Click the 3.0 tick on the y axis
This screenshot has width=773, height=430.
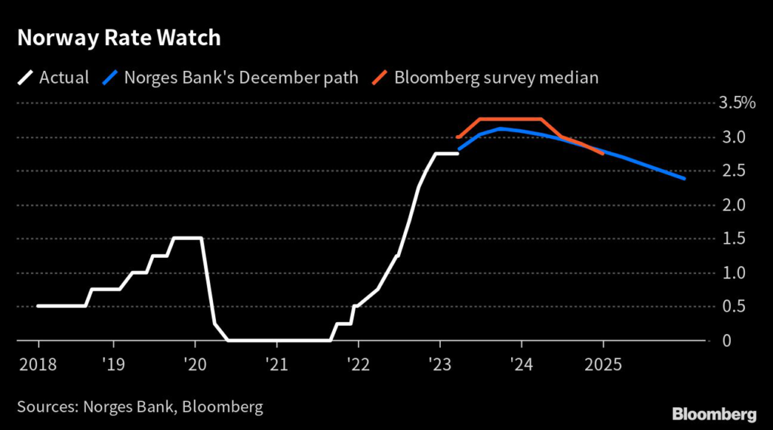tap(733, 137)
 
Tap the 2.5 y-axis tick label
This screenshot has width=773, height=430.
tap(733, 171)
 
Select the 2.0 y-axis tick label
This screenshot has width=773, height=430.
tap(733, 205)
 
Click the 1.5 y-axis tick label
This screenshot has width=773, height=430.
tap(733, 238)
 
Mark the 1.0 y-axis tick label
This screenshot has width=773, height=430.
tap(733, 272)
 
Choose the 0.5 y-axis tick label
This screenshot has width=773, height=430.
tap(733, 306)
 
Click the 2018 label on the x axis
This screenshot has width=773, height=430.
tap(38, 365)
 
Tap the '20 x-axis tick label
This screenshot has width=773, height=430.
tap(195, 365)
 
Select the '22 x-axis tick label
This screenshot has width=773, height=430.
tap(358, 365)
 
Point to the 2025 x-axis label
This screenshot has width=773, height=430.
tap(603, 365)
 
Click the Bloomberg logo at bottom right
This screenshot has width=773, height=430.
tap(714, 413)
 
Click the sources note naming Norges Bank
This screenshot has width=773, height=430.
tap(140, 407)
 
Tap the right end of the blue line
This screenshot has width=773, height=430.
tap(684, 179)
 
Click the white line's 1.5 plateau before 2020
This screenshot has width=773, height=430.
tap(187, 238)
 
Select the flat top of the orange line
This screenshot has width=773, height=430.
tap(510, 119)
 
